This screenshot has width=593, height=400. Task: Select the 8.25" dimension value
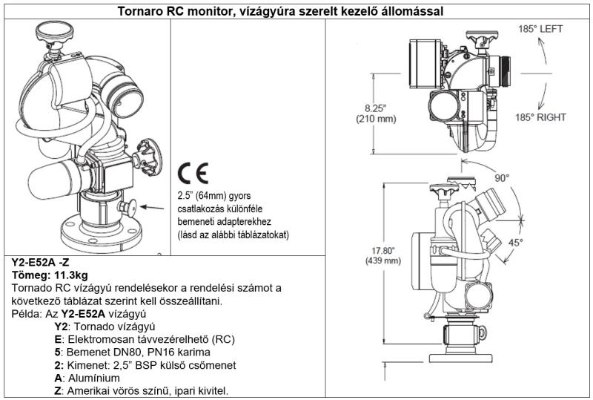click(376, 107)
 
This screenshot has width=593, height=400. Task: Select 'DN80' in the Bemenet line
click(129, 351)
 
